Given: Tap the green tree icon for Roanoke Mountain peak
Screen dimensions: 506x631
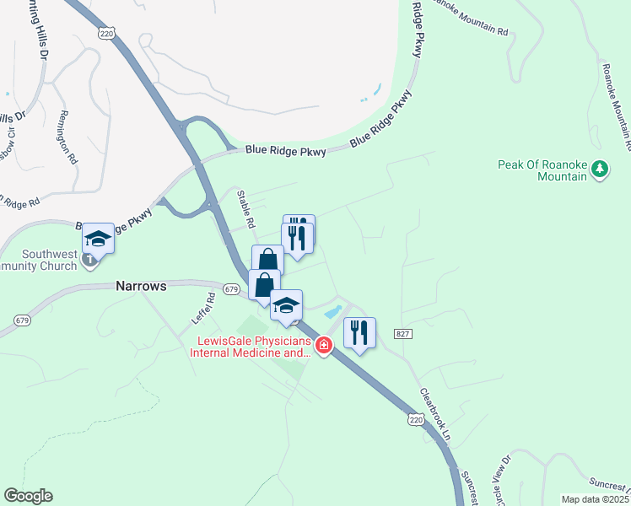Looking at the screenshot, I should (x=600, y=169).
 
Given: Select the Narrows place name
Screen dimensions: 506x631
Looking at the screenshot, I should (x=141, y=286).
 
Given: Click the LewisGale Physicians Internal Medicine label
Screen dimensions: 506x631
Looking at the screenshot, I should (x=254, y=347).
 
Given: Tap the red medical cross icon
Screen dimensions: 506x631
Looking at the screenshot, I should (x=323, y=346).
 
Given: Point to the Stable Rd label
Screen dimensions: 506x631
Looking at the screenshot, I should (x=245, y=207).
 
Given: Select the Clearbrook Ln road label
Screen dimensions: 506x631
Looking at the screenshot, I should (x=436, y=414).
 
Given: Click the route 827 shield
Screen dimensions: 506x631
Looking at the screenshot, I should (x=402, y=334).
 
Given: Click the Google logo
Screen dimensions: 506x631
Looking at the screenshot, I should (x=28, y=496).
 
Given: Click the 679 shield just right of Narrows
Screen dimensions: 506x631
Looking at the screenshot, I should (x=231, y=289).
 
